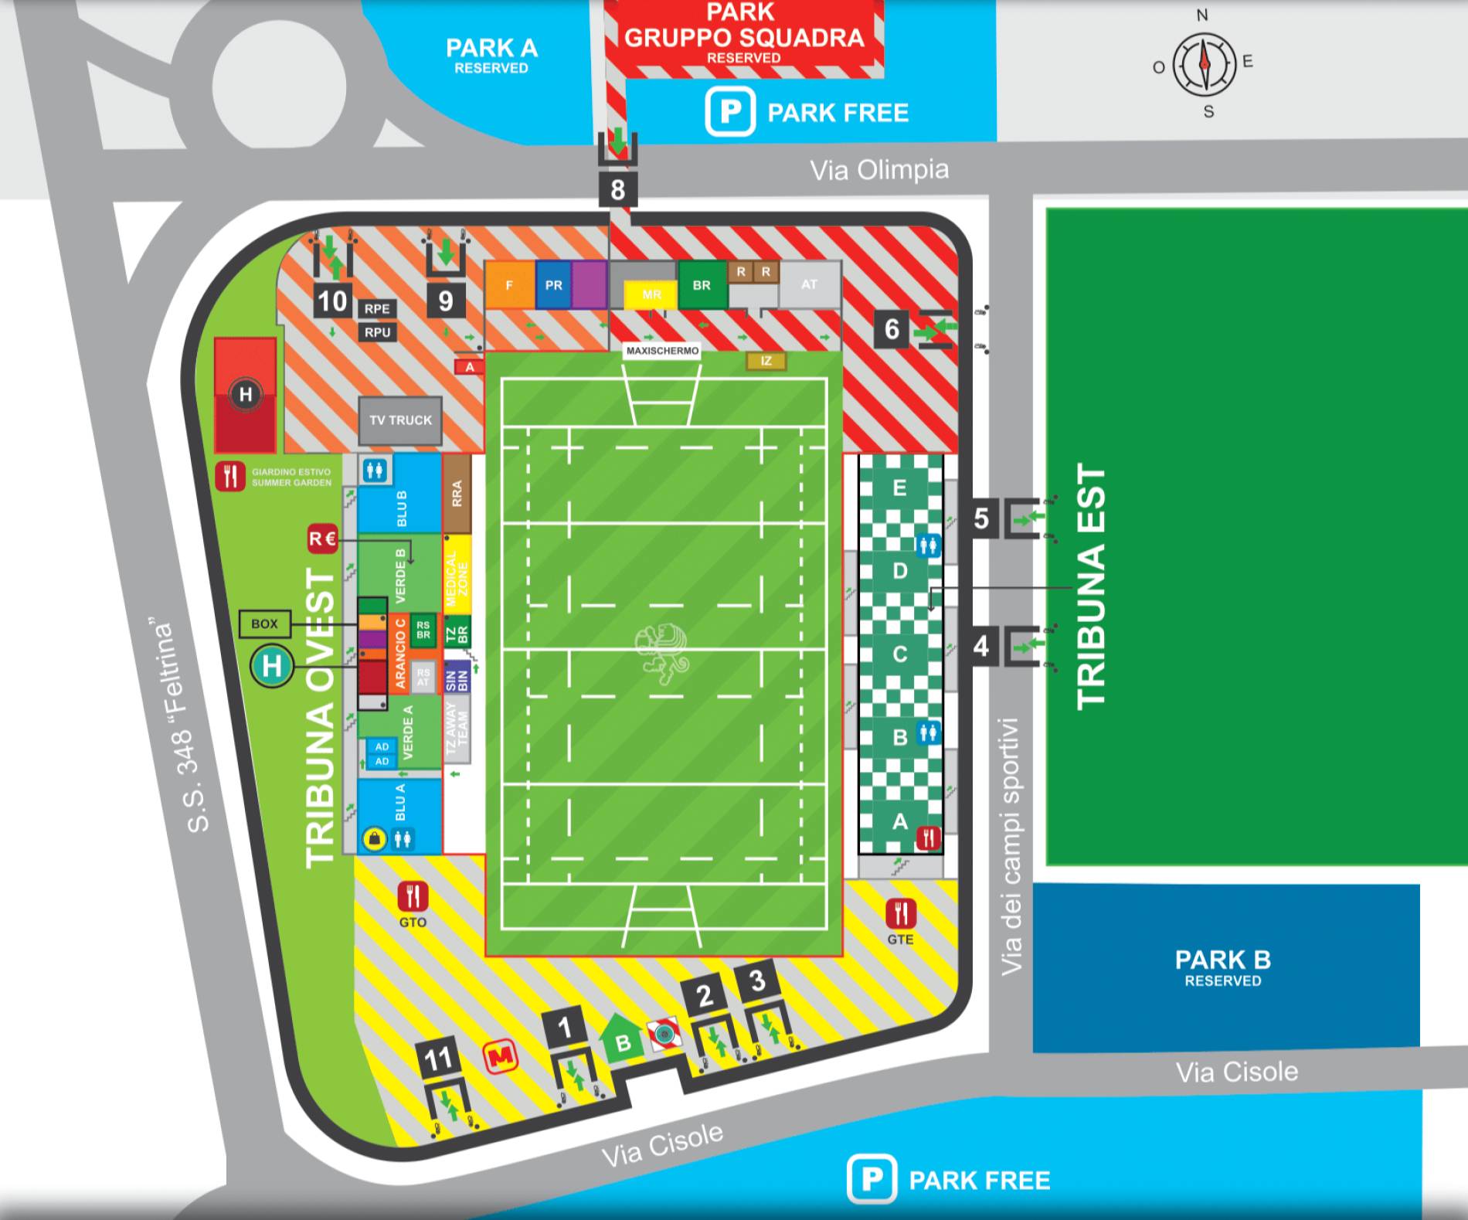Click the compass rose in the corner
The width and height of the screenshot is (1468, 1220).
(x=1204, y=63)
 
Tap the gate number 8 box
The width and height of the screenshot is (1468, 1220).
(x=617, y=189)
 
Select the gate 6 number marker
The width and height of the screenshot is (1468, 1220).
(x=892, y=329)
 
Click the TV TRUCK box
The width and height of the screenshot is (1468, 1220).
(x=400, y=420)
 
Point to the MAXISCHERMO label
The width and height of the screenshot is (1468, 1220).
(x=662, y=351)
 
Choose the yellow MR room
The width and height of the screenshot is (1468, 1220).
(x=651, y=294)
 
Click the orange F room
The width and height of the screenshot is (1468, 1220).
(x=509, y=285)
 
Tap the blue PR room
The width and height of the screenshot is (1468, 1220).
(x=553, y=285)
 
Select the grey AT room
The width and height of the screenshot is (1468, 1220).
(x=809, y=284)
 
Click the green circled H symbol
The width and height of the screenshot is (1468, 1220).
(x=271, y=666)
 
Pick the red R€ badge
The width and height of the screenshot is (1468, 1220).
(x=322, y=539)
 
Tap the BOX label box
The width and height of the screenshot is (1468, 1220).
(x=264, y=624)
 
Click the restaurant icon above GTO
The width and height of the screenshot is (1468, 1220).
(x=413, y=897)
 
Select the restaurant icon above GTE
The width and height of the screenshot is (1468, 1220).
(x=900, y=913)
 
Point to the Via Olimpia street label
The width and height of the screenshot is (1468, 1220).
(x=878, y=170)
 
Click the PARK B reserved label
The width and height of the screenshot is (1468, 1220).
(x=1222, y=967)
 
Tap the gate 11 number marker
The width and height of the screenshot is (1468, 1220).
(x=437, y=1058)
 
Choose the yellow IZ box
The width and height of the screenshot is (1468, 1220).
(x=766, y=361)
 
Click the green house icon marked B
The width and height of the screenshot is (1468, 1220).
(x=622, y=1042)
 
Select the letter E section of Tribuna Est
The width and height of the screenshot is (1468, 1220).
(x=899, y=488)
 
